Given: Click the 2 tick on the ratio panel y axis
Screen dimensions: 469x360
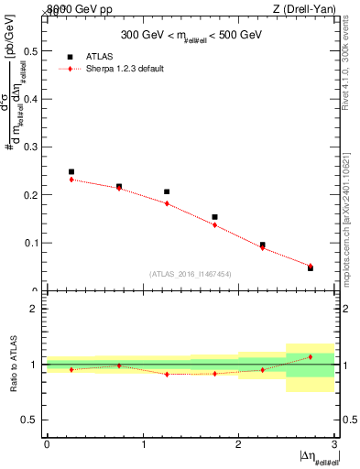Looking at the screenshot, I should point(35,309).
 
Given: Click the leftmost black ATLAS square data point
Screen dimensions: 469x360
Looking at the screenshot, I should point(71,171).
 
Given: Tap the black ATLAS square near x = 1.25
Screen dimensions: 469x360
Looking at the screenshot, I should point(167,191).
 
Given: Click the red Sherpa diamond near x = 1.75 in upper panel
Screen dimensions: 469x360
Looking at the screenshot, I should point(214,224).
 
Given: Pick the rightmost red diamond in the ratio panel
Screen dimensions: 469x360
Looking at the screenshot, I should point(311,356).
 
